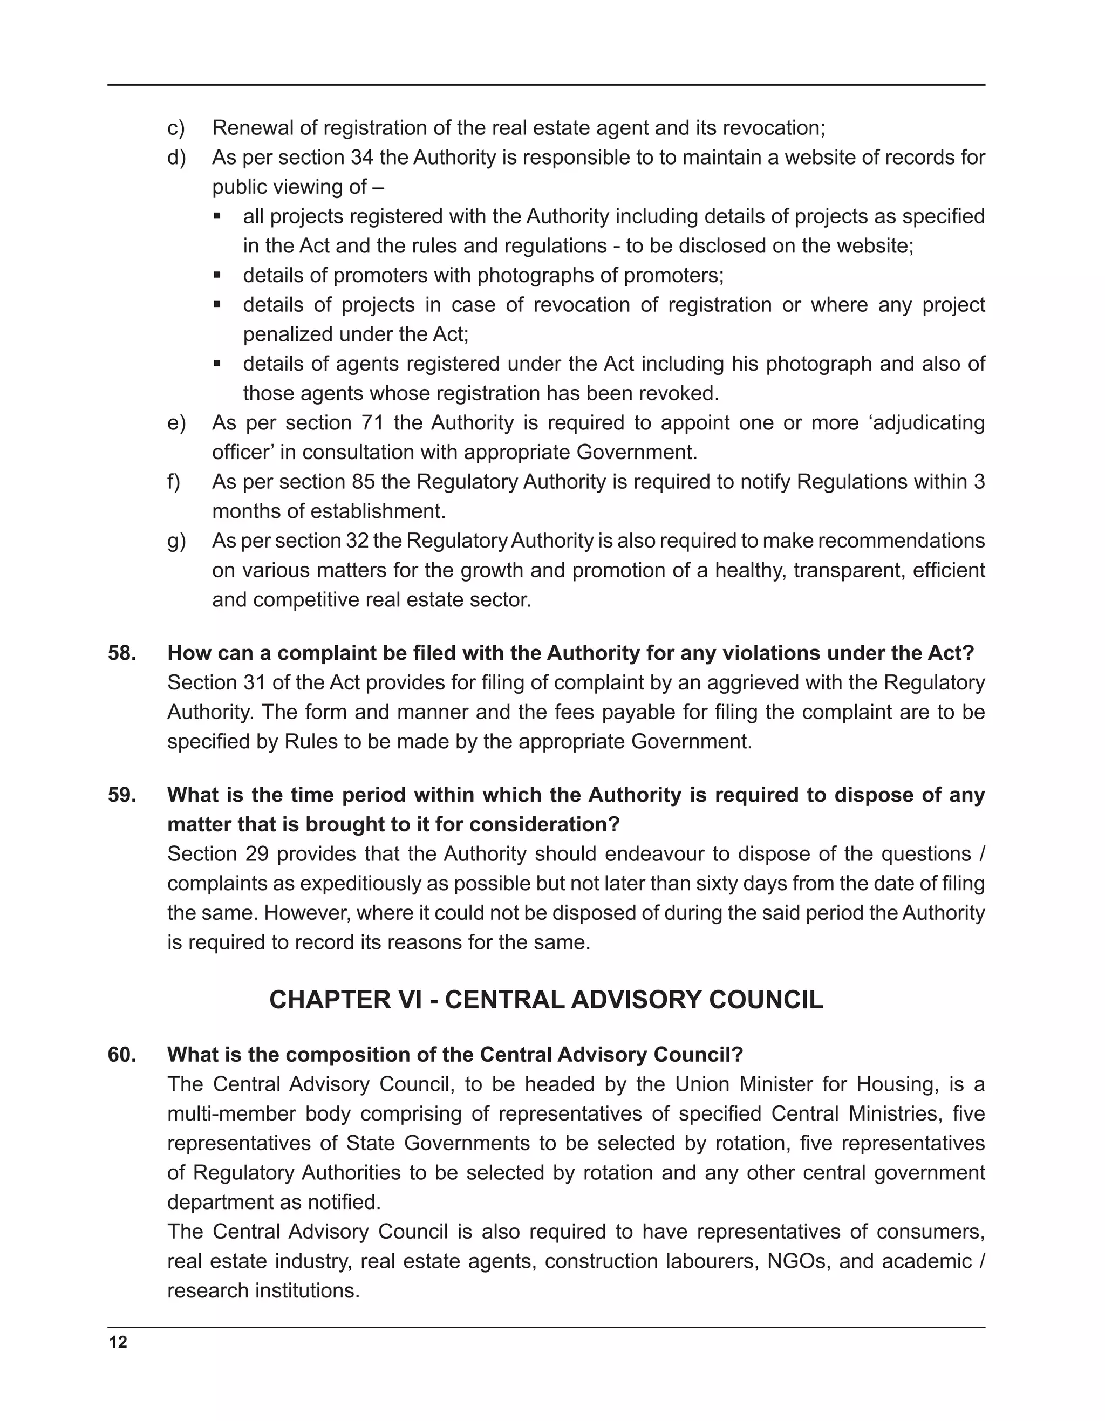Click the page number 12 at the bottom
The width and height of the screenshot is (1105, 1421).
(119, 1342)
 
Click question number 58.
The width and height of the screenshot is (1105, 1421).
(122, 653)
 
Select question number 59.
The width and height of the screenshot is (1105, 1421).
(122, 795)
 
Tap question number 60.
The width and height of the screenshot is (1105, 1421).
(122, 1055)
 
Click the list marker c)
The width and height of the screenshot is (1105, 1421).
(176, 128)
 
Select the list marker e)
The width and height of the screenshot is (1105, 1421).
(176, 423)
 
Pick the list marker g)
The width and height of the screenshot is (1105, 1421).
(176, 541)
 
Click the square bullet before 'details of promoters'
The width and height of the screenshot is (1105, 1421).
(217, 275)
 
